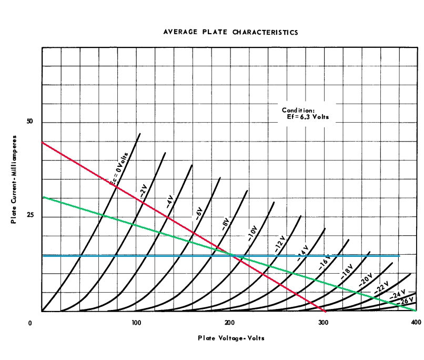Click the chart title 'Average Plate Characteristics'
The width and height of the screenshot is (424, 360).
click(231, 32)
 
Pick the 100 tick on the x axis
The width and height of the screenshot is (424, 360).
click(136, 322)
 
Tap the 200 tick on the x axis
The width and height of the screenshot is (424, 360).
click(230, 322)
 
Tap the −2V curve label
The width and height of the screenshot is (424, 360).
click(143, 188)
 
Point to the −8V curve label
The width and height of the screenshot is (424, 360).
click(226, 223)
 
